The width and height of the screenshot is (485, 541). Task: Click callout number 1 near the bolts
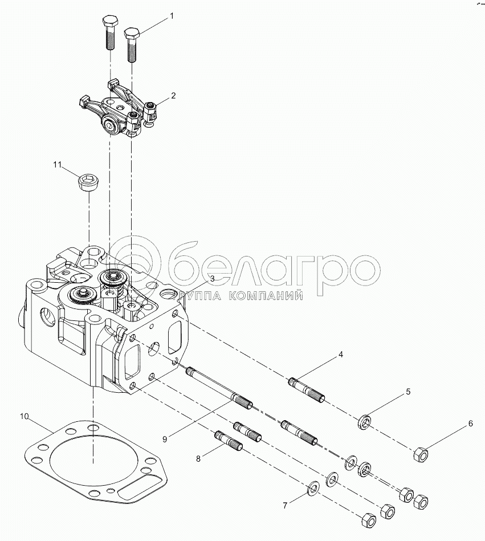[170, 18]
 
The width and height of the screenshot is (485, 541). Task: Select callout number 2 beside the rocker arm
[173, 96]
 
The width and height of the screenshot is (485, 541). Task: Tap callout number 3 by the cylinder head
[211, 278]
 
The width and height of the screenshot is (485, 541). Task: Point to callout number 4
[341, 355]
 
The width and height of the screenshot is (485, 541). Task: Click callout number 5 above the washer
[408, 392]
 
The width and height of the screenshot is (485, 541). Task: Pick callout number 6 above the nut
[470, 424]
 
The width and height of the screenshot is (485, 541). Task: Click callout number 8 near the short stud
[198, 458]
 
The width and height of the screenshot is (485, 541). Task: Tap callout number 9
[164, 438]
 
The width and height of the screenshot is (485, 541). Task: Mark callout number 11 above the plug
[56, 165]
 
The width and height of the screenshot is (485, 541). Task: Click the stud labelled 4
[307, 391]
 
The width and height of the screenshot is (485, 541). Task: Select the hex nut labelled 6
[420, 454]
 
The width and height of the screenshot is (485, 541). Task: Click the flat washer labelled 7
[313, 488]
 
